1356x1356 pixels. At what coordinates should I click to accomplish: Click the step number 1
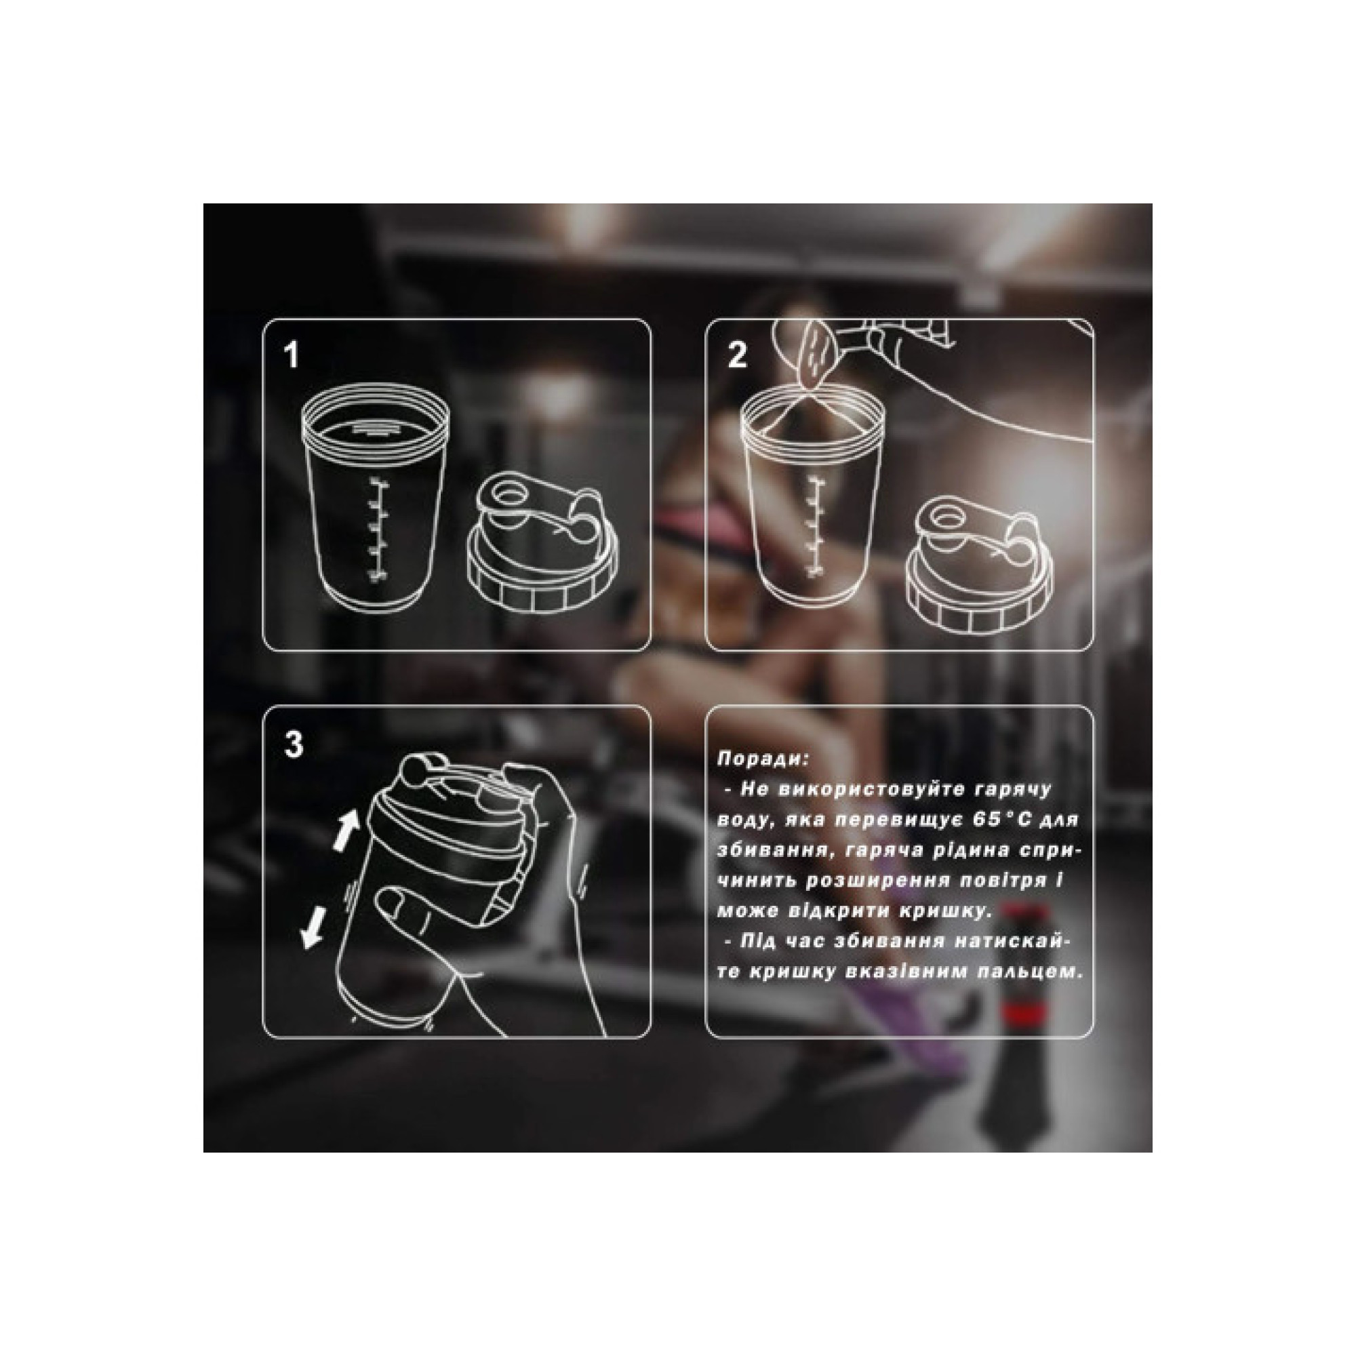coord(292,355)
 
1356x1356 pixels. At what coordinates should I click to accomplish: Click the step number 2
coord(737,355)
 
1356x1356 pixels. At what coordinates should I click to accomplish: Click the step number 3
coord(294,744)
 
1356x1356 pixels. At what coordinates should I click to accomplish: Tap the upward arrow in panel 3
coord(345,831)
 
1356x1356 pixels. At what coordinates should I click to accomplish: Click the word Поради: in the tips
coord(763,759)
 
